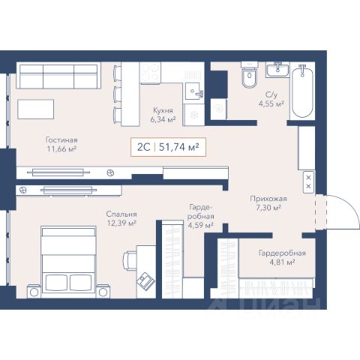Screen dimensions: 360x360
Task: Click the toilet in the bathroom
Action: point(249,74)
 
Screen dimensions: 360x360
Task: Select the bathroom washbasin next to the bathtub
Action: point(277,70)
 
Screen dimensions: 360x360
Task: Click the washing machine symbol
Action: point(219,109)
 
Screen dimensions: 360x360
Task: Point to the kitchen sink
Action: point(194,91)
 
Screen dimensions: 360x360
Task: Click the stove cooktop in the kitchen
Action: point(150,73)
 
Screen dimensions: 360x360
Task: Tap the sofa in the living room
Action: point(58,75)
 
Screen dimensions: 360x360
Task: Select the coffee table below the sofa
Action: point(36,109)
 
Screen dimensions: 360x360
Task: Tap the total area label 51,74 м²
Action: point(179,147)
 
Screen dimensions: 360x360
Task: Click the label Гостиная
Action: point(61,139)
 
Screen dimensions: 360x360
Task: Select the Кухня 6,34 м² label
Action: point(163,115)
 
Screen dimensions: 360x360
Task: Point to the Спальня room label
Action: point(121,214)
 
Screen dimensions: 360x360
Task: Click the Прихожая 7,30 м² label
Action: point(268,203)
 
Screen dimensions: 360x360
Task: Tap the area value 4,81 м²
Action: point(281,262)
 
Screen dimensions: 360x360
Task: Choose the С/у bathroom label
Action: point(271,94)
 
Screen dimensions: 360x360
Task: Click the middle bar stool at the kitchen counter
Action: point(117,94)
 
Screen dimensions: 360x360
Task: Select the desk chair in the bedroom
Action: point(129,261)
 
